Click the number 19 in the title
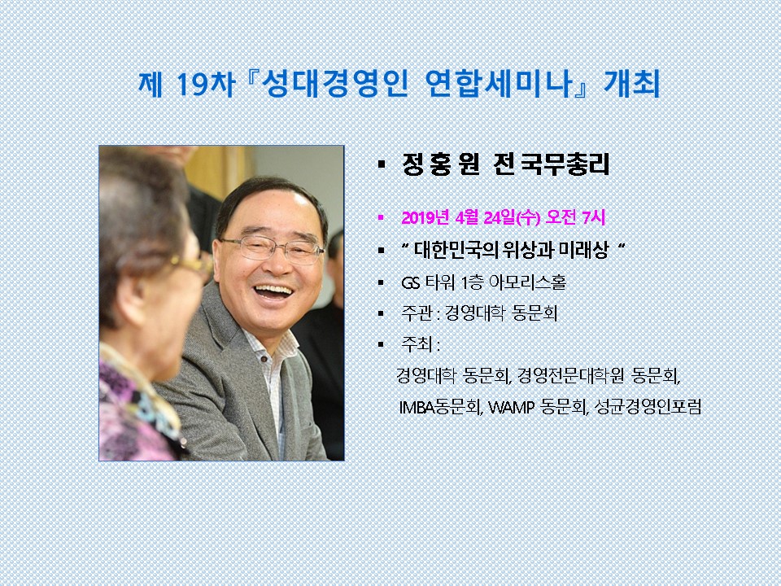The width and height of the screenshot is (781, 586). coord(191,85)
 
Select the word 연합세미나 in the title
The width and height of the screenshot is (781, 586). coord(498,83)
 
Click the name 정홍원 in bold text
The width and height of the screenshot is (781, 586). coord(440,164)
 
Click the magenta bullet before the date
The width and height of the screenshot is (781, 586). coord(382,217)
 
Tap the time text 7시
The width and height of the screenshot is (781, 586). coord(593,217)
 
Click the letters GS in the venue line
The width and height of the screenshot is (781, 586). coord(410,282)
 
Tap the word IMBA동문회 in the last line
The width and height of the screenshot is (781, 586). coord(440,407)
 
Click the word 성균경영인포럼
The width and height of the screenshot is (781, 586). coord(648,407)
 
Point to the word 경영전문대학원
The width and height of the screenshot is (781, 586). coord(570,376)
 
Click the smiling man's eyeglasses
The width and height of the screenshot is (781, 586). coord(273,249)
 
